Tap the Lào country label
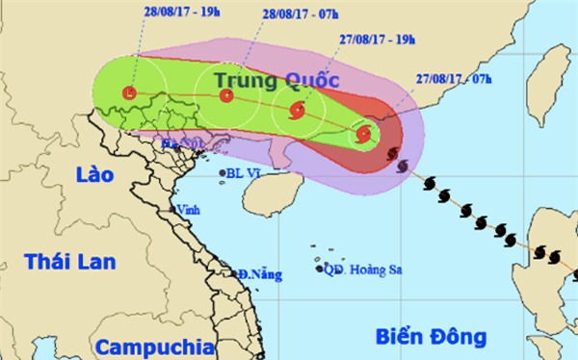coord(92,175)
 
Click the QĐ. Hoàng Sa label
coord(360,270)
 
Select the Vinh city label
coord(186,209)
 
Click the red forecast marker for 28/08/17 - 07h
coord(226,95)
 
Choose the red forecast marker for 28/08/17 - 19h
coord(130,92)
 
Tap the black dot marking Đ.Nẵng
coord(238,275)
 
